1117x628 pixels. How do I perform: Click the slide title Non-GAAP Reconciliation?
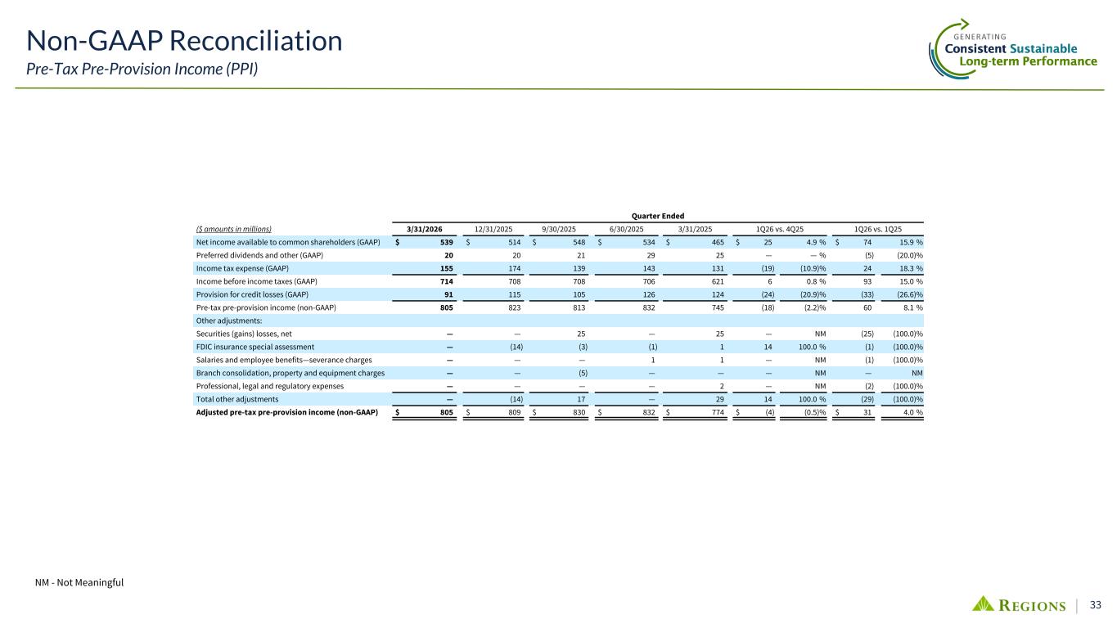coord(184,41)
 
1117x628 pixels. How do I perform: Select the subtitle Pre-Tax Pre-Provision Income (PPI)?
coord(142,69)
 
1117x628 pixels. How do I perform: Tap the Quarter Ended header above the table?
coord(661,216)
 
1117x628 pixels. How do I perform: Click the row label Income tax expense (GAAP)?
coord(242,268)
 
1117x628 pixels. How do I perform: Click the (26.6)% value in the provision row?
coord(907,294)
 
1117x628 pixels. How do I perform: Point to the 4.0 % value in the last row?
coord(911,412)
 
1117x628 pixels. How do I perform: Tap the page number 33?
coord(1095,605)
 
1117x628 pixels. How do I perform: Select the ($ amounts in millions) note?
coord(234,229)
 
